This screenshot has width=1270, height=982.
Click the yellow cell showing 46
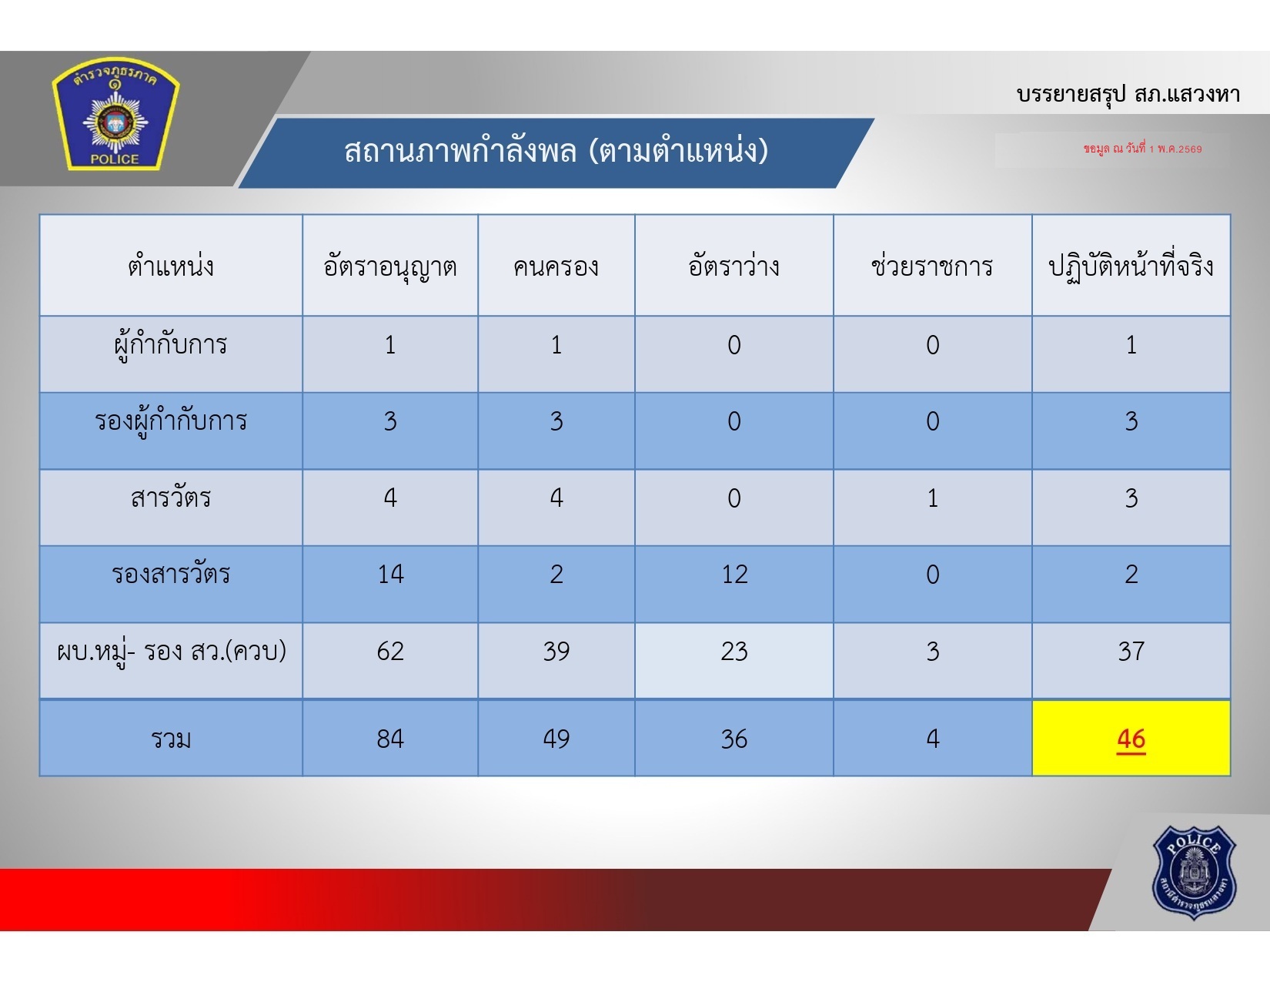[x=1131, y=738]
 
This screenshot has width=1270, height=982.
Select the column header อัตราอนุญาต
[x=389, y=267]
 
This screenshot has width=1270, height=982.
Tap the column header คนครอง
[x=556, y=266]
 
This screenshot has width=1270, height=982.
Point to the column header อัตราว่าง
[x=734, y=266]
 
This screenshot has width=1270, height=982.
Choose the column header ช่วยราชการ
[x=932, y=266]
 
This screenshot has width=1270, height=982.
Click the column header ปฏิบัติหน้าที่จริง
[x=1131, y=266]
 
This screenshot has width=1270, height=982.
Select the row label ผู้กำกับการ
[x=171, y=345]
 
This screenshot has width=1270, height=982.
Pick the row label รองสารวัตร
[x=171, y=574]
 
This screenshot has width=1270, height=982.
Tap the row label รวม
[x=171, y=739]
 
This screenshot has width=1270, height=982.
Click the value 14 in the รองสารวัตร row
[x=389, y=574]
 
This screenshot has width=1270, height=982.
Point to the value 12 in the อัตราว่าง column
[x=734, y=574]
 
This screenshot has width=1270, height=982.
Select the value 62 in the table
[x=389, y=651]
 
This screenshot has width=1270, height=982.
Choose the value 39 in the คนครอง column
[x=556, y=651]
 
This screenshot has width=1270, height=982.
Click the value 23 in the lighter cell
[x=734, y=651]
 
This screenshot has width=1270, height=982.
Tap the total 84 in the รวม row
[x=389, y=739]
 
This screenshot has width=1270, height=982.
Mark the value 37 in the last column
[x=1131, y=651]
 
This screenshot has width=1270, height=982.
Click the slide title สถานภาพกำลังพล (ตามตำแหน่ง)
[x=556, y=151]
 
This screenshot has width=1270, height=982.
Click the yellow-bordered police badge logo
[x=115, y=114]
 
